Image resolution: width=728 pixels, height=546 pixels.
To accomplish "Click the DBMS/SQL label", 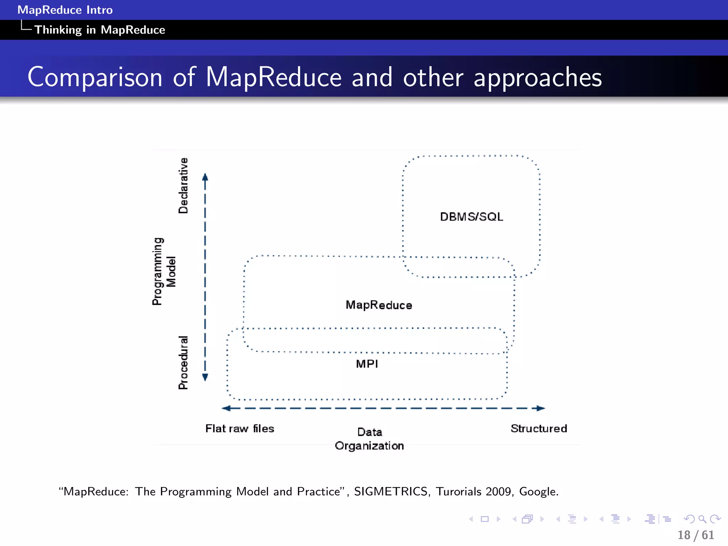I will point(471,216).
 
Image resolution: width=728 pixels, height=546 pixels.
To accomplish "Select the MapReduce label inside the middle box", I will point(379,305).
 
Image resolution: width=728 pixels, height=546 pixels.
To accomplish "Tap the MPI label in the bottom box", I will point(367,364).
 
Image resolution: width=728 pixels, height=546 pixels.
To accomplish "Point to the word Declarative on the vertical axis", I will point(183,186).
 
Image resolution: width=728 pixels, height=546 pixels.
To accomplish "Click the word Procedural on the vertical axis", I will point(183,363).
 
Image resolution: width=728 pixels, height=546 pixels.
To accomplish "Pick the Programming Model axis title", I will point(164,271).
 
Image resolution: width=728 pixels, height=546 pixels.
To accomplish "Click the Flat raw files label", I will point(240,428).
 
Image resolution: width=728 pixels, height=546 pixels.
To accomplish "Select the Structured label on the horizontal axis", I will point(539,428).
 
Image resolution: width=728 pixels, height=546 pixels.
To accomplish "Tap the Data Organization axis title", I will point(369,439).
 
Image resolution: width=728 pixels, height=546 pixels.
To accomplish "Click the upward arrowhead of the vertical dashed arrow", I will point(205,177).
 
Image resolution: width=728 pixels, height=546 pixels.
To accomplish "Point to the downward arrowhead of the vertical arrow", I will point(205,378).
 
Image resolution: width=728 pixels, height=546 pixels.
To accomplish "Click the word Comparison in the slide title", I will point(95,77).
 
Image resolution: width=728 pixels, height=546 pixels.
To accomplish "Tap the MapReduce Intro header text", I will point(65,10).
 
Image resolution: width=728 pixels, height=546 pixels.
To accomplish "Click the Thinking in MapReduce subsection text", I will point(100,30).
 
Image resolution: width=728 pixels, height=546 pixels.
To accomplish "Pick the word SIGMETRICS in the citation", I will point(391,491).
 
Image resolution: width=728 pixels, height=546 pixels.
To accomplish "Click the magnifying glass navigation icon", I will point(702,519).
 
